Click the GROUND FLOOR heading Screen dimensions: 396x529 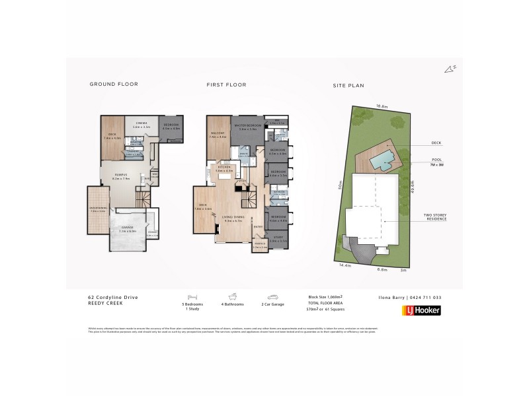(114, 85)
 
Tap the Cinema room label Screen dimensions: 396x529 (140, 124)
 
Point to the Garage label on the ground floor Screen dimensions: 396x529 (126, 228)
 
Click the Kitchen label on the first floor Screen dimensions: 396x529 (225, 169)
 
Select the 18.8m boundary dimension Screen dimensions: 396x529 (381, 106)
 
